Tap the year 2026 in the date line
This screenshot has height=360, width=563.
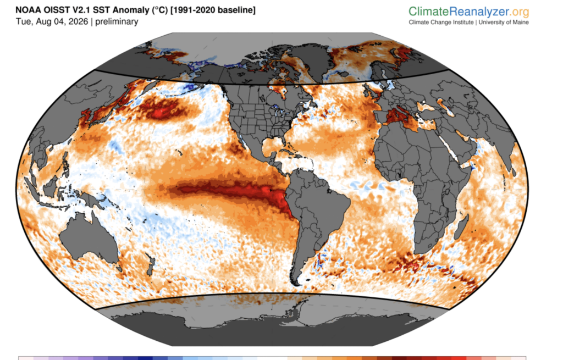(x=78, y=21)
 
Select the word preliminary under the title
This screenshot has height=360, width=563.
(x=117, y=22)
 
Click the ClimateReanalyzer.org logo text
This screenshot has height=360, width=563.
(x=468, y=12)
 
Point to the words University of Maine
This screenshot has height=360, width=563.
(x=504, y=22)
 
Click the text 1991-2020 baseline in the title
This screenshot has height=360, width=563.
(x=213, y=10)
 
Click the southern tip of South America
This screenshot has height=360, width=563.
(x=296, y=284)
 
